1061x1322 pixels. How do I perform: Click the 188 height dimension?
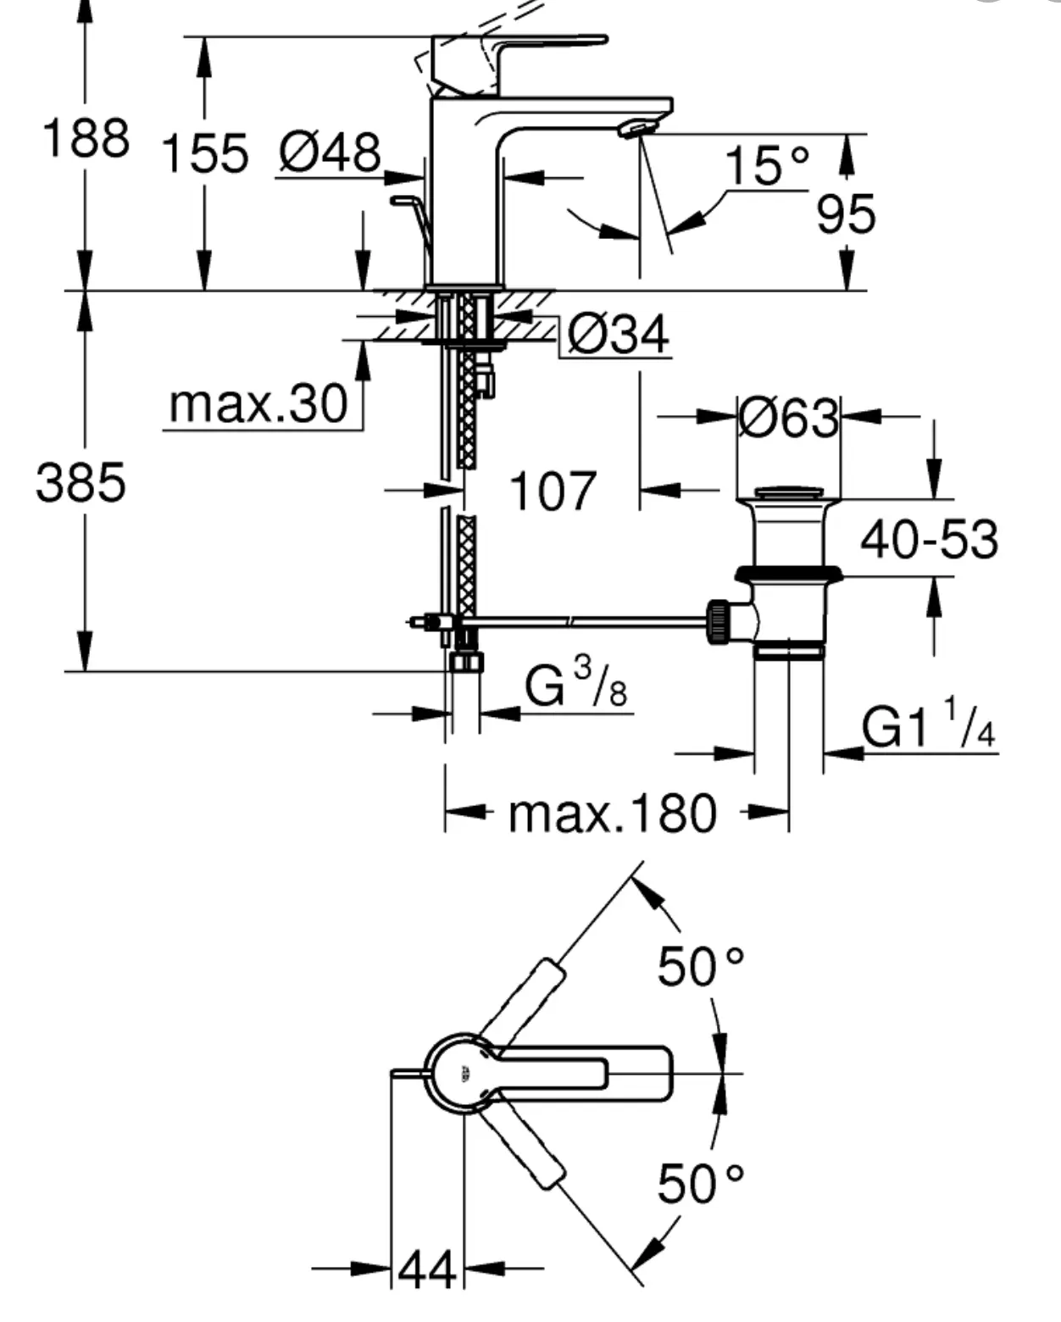[86, 137]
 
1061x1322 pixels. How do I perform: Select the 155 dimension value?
[204, 153]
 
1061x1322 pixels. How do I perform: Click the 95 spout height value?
[846, 214]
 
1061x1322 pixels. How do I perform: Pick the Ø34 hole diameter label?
[618, 334]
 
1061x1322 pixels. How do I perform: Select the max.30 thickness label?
[258, 404]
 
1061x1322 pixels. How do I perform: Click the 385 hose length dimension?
[81, 482]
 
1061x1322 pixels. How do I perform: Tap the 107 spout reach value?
[553, 491]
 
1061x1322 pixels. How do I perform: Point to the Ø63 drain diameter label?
[788, 418]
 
